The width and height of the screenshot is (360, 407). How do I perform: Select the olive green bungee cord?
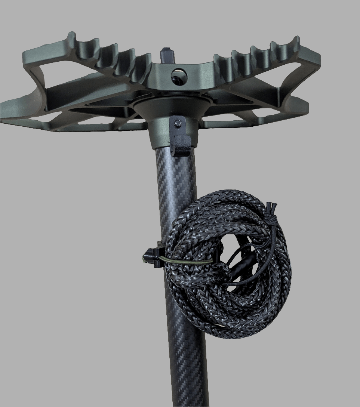pyautogui.click(x=187, y=260)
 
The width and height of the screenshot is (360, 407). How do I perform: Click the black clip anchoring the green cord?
pyautogui.click(x=152, y=257)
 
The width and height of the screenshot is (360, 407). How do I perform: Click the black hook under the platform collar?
pyautogui.click(x=180, y=146)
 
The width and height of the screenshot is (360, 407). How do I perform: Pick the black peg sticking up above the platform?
pyautogui.click(x=166, y=55)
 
